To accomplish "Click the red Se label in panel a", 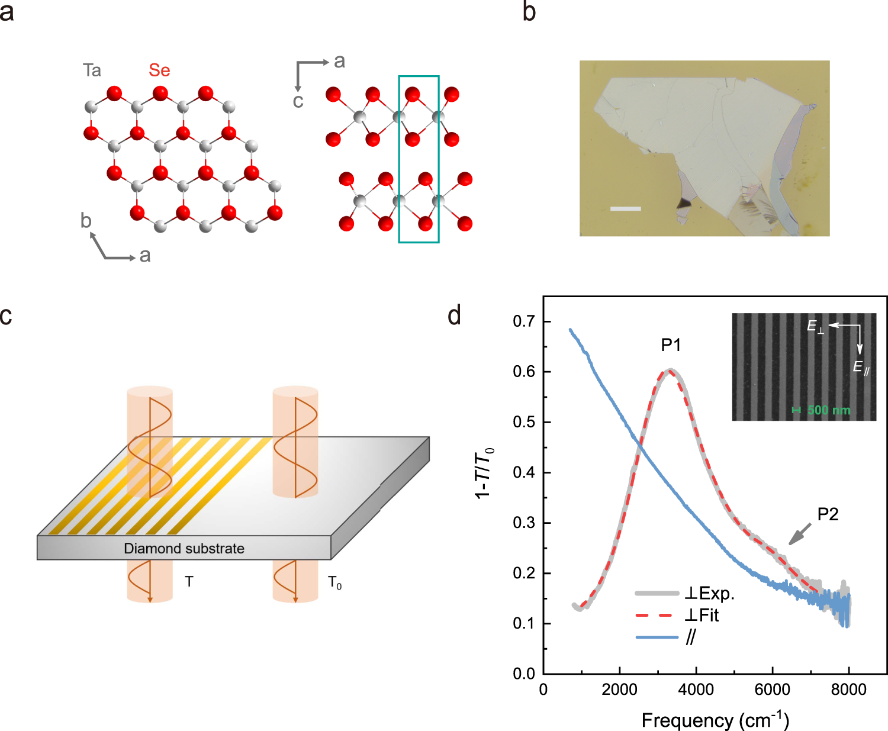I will click(x=159, y=70).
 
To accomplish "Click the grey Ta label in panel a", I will click(x=92, y=70).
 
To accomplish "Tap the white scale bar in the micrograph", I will click(x=625, y=208).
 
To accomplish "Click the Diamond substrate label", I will click(x=184, y=549).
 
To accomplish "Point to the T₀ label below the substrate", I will click(x=334, y=583).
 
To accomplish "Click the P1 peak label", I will click(x=671, y=345).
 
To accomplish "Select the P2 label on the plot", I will click(x=828, y=514).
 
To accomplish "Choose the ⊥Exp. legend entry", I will click(x=709, y=594).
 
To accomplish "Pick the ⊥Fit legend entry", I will click(x=702, y=616).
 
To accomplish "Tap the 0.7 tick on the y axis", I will click(x=524, y=321).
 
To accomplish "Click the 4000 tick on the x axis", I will click(x=696, y=690).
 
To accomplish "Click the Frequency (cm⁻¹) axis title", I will click(x=715, y=720).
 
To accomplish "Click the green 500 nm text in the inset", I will click(x=828, y=410).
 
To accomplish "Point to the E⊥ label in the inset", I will click(x=815, y=327).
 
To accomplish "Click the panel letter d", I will click(x=454, y=315).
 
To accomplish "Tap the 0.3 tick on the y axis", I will click(x=524, y=523).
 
